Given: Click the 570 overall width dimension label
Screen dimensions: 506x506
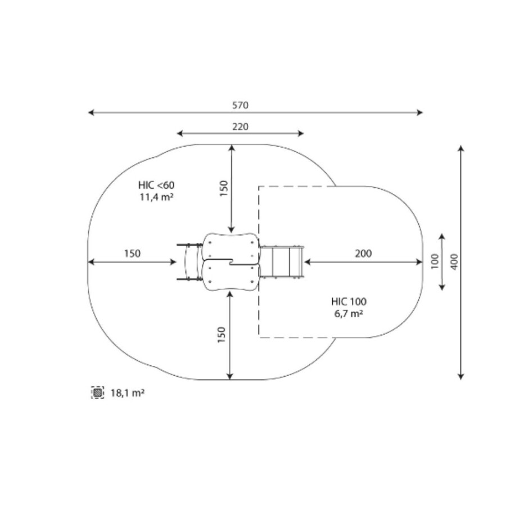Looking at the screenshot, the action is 240,106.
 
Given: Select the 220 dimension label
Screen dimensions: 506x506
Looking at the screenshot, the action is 241,126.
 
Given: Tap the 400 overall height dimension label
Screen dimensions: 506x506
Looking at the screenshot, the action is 454,261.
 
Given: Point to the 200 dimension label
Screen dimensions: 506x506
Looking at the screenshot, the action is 363,254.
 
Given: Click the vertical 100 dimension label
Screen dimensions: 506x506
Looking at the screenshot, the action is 435,261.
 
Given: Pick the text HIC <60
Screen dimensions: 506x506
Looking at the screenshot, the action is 156,185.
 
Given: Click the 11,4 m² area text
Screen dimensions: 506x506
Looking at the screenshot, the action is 156,197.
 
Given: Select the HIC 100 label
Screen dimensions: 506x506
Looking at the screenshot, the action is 349,302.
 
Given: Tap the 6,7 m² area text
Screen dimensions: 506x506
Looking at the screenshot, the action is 349,313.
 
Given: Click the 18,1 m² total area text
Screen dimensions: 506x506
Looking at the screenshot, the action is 128,393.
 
